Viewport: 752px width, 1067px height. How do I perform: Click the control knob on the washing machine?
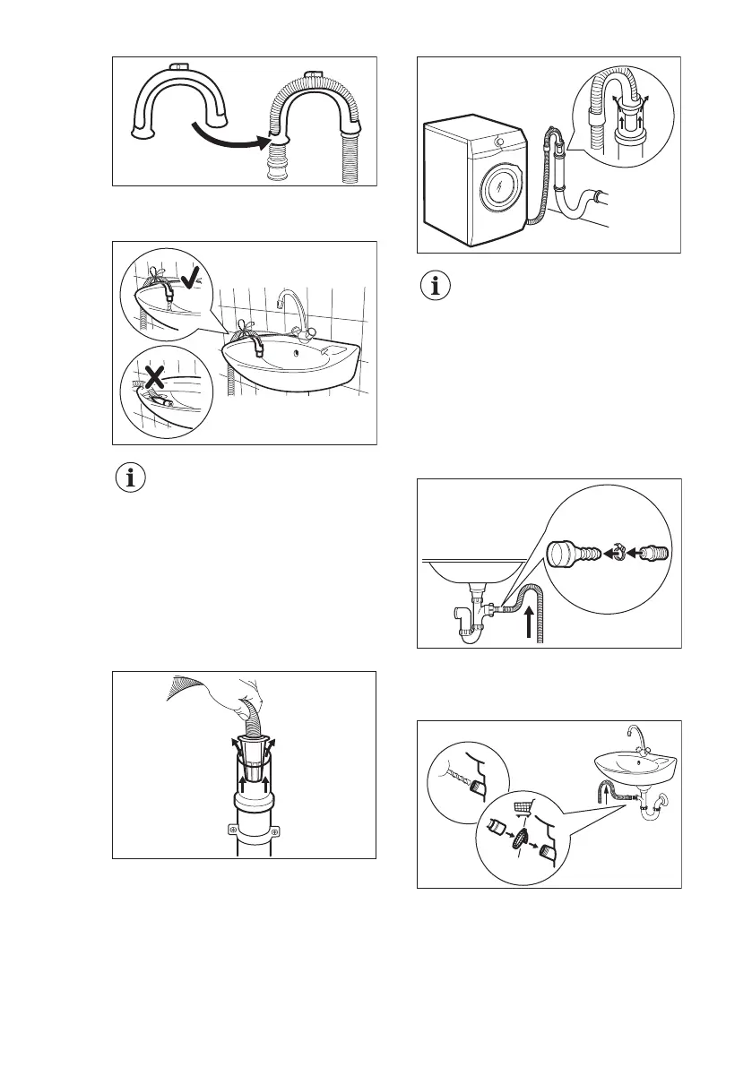click(x=497, y=142)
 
